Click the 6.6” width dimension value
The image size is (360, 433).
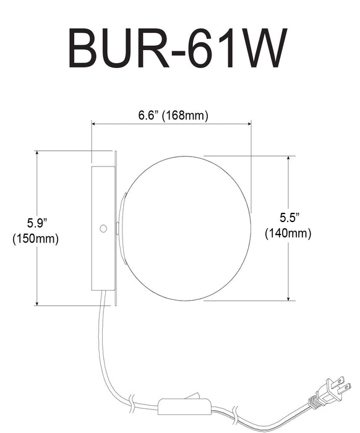coord(149,115)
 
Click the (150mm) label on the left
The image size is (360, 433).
coord(35,239)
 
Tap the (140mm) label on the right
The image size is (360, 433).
coord(288,234)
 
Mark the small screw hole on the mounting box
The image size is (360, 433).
coord(103,228)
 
